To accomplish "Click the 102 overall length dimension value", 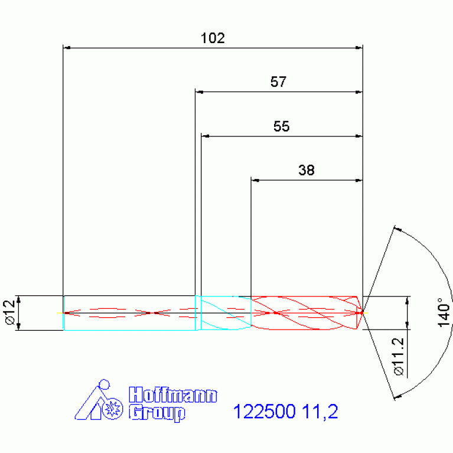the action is click(x=213, y=38).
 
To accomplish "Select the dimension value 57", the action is click(x=279, y=82).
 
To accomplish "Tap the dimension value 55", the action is click(x=281, y=126).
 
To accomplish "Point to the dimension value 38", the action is click(x=307, y=170).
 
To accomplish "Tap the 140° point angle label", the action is click(x=444, y=312).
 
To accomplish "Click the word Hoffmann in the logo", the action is click(x=173, y=395).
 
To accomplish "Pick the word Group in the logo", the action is click(x=157, y=413).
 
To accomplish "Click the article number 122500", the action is click(x=265, y=412).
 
